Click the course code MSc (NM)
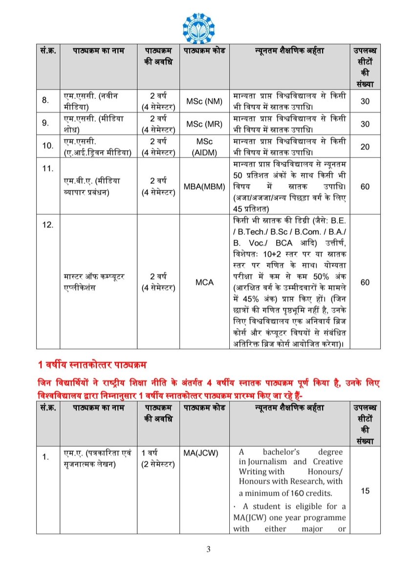click(204, 101)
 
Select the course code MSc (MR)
click(204, 124)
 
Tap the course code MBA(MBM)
click(204, 186)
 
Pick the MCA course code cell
click(204, 282)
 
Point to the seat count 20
click(364, 147)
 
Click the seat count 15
click(365, 491)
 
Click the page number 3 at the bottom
click(208, 549)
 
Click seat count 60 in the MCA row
click(365, 282)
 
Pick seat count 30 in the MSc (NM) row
click(365, 101)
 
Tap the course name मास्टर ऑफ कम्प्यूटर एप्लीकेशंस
click(97, 282)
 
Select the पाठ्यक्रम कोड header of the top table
click(204, 50)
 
